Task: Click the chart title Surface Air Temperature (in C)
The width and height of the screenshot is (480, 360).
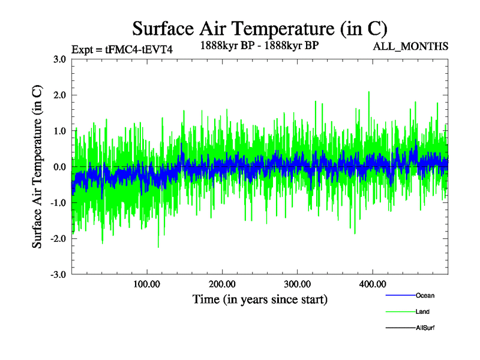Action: pyautogui.click(x=259, y=28)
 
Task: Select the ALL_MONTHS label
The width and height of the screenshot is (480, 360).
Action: pyautogui.click(x=410, y=46)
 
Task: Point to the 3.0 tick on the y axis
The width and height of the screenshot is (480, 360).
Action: pyautogui.click(x=59, y=59)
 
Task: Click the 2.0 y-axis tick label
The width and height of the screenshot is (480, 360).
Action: pyautogui.click(x=59, y=95)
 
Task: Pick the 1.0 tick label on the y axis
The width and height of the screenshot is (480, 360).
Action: pyautogui.click(x=59, y=131)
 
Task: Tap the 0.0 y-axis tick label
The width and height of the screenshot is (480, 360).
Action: pyautogui.click(x=59, y=167)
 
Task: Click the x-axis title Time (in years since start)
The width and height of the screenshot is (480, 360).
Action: pyautogui.click(x=260, y=299)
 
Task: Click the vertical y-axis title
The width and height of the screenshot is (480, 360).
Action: pyautogui.click(x=37, y=167)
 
